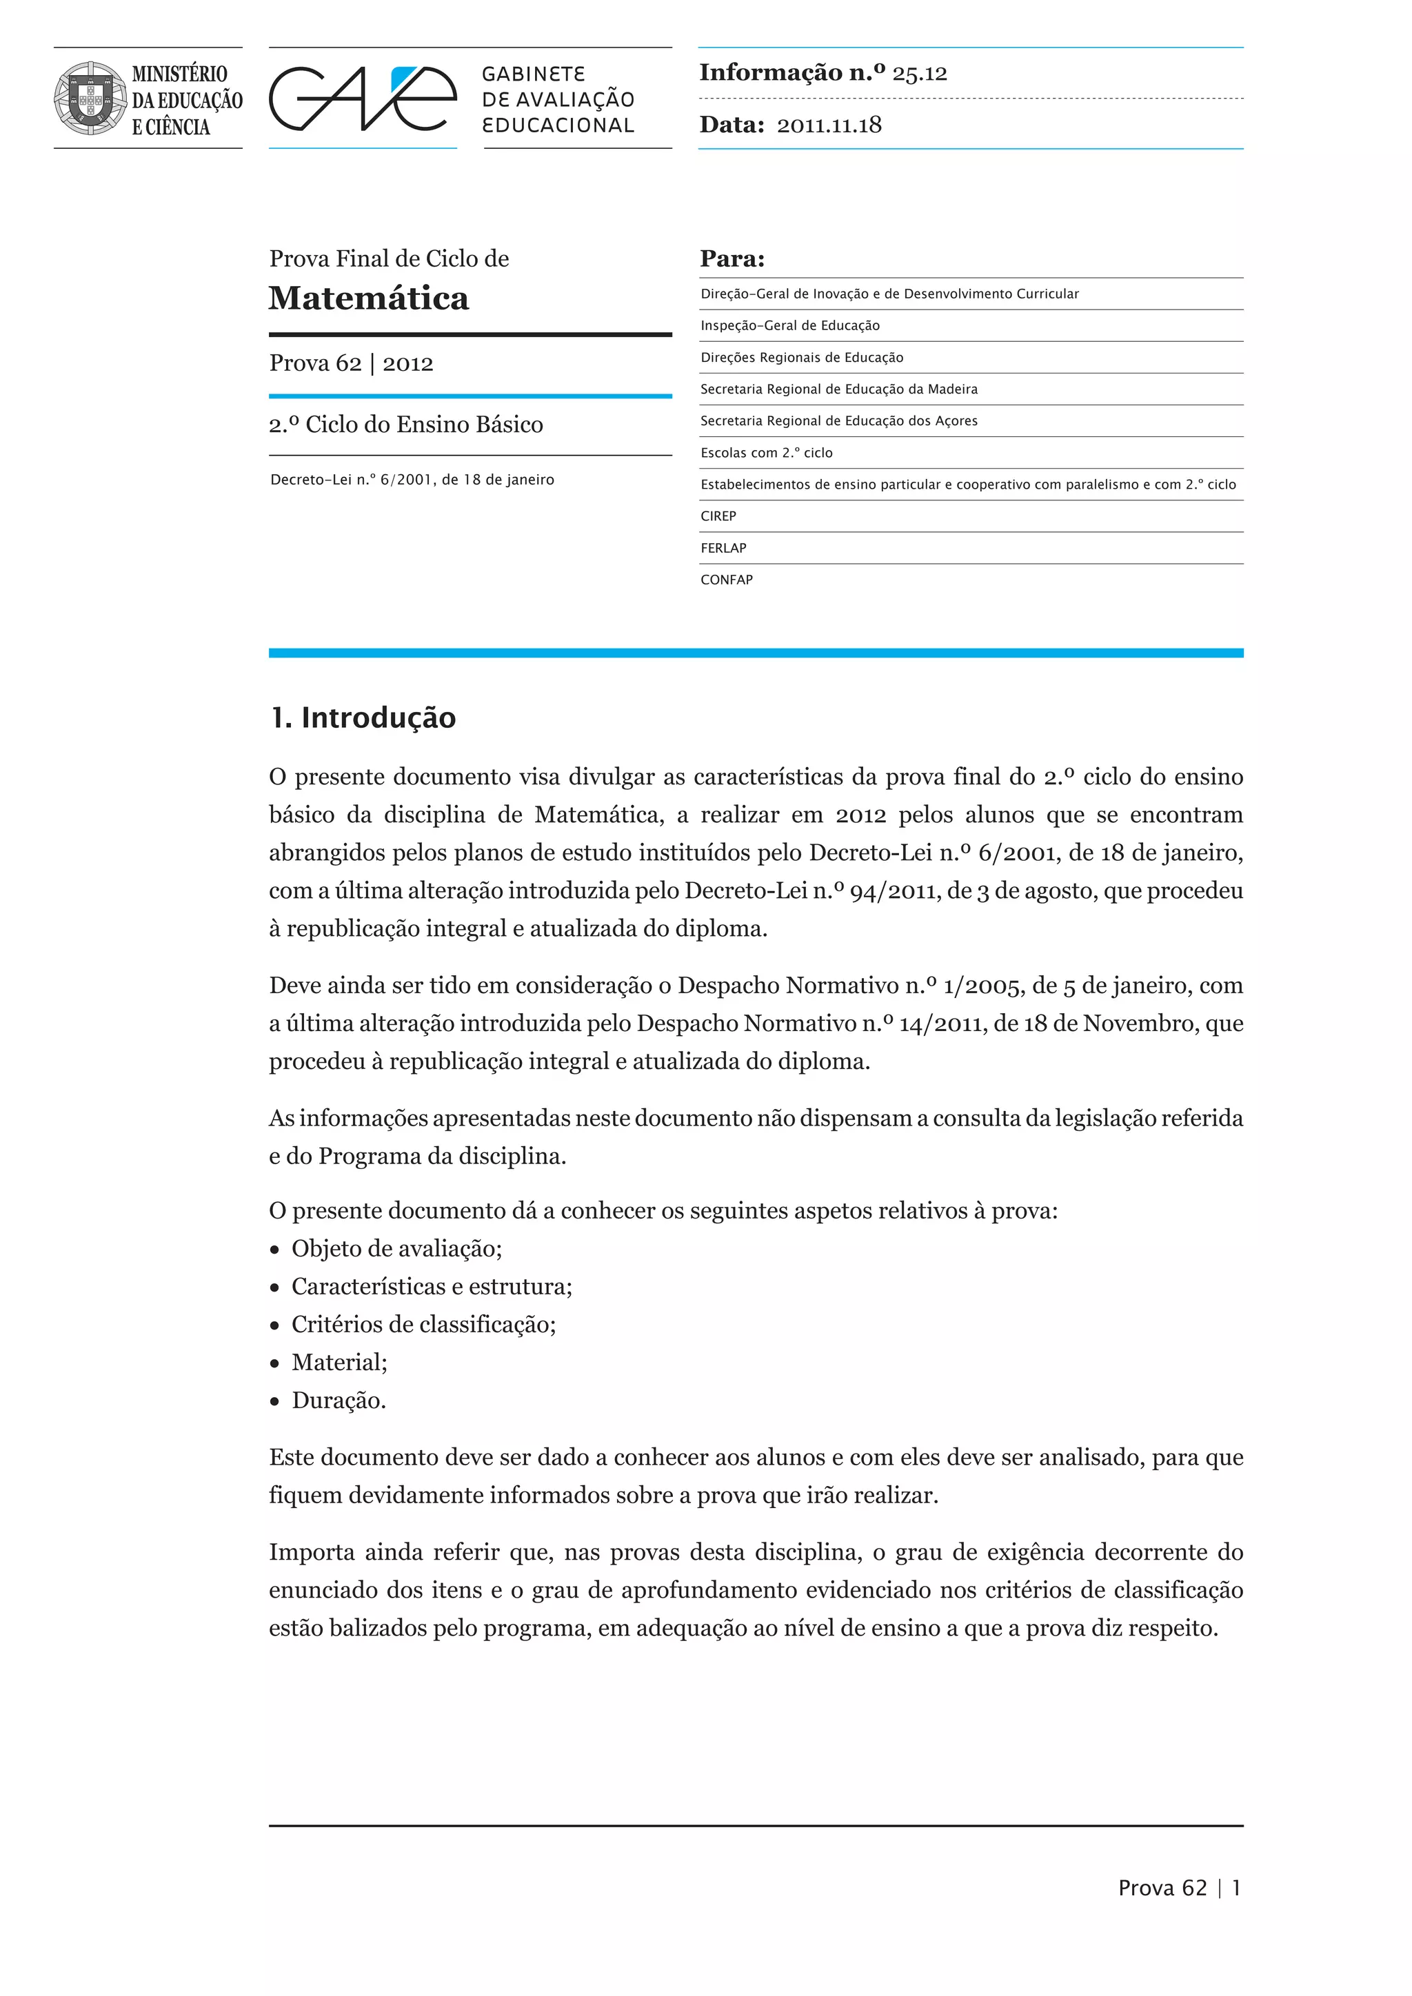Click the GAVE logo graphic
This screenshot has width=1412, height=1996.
[363, 99]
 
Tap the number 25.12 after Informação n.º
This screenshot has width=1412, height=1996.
[919, 74]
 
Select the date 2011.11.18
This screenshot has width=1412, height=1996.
[829, 125]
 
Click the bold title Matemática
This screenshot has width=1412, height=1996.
[369, 298]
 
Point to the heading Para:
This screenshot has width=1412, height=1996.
[732, 259]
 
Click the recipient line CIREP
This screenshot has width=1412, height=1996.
[718, 516]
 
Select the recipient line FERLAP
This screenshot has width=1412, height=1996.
[723, 548]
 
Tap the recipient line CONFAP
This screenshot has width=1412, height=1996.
[727, 580]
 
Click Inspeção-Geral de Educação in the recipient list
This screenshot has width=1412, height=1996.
[789, 326]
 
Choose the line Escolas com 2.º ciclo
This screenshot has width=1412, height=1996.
[766, 453]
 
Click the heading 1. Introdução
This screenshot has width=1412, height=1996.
[363, 718]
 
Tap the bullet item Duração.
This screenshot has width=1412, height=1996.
[339, 1401]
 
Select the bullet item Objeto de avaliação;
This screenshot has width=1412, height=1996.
[396, 1250]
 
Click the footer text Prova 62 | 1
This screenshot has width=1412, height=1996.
[1179, 1888]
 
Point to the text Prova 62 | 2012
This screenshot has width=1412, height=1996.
[351, 363]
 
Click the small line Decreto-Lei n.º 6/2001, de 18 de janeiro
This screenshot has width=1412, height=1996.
[412, 480]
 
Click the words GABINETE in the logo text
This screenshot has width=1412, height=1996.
[534, 74]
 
